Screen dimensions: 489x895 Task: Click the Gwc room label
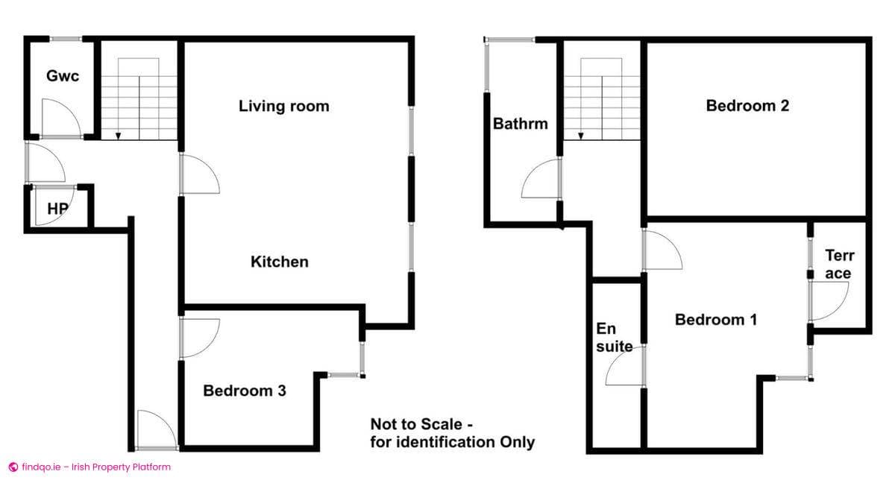click(x=63, y=75)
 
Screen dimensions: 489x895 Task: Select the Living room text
click(x=283, y=106)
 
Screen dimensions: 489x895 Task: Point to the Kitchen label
click(x=279, y=262)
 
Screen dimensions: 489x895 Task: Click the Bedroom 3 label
click(x=245, y=390)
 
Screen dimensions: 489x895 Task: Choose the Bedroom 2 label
click(x=747, y=105)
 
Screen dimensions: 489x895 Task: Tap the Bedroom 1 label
click(x=716, y=320)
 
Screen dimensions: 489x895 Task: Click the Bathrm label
click(x=520, y=124)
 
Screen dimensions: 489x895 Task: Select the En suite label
click(x=614, y=338)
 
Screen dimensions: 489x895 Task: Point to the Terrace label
click(x=839, y=265)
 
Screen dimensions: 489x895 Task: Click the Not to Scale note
click(x=452, y=433)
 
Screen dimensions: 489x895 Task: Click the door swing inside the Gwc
click(x=60, y=119)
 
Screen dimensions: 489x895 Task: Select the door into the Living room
click(x=198, y=175)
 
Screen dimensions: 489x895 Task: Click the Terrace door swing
click(x=828, y=302)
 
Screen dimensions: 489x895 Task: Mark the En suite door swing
click(x=624, y=368)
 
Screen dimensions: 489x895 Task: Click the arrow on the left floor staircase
click(x=118, y=136)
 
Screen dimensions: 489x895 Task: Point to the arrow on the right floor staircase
click(x=580, y=136)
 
